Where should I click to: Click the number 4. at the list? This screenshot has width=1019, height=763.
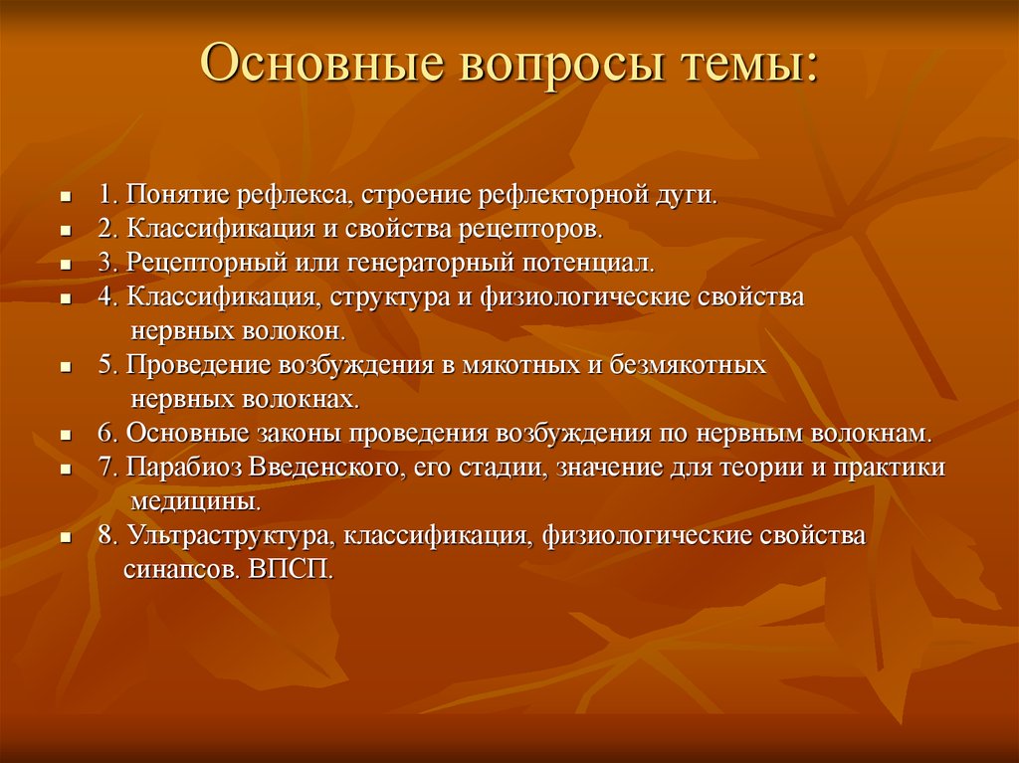tap(108, 297)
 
